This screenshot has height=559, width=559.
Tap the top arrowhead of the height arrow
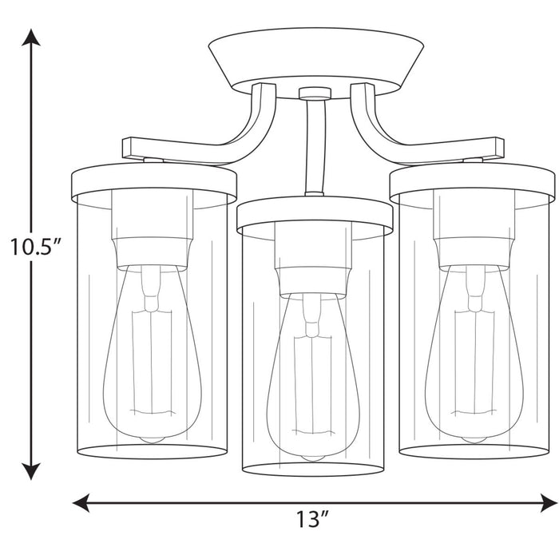(31, 38)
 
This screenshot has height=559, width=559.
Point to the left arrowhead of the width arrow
(81, 503)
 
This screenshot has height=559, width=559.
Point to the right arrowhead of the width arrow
(549, 503)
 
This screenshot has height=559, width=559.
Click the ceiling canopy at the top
(316, 62)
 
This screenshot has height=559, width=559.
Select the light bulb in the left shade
(152, 353)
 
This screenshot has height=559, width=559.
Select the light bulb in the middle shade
(313, 378)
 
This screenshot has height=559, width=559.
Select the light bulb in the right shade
(474, 353)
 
